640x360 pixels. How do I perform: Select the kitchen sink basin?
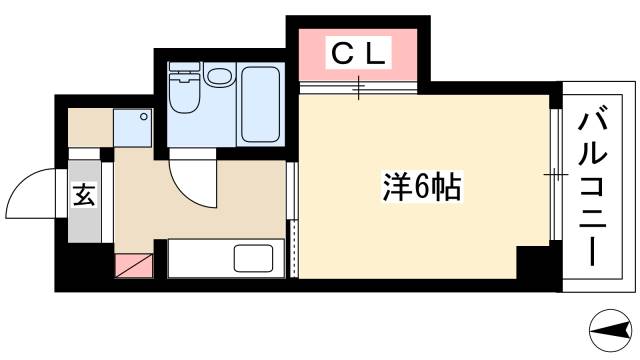tap(259, 258)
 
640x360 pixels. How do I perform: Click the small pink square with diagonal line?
tap(132, 265)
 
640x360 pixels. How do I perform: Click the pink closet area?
tap(357, 60)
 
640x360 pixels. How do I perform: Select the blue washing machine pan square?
tap(133, 128)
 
